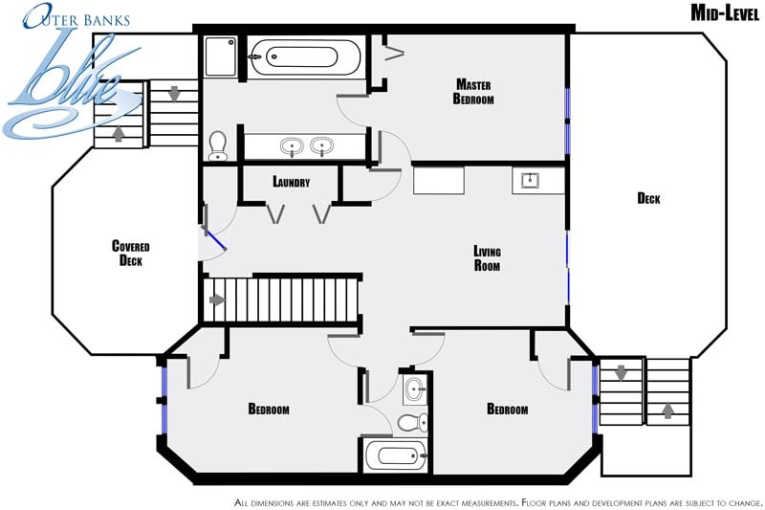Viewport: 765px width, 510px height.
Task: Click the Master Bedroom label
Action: point(473,92)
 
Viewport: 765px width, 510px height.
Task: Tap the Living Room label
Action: point(487,258)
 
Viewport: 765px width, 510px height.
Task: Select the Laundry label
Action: point(292,182)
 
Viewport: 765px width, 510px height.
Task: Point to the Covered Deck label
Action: point(131,253)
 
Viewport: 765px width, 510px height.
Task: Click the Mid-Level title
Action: point(725,13)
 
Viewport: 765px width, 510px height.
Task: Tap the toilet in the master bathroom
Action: point(218,145)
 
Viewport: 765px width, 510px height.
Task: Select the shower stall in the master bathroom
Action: point(221,56)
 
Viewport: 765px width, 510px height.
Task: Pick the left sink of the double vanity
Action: point(292,146)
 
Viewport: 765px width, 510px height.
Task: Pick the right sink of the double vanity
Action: point(322,146)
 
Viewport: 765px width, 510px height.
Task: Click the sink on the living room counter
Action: point(530,180)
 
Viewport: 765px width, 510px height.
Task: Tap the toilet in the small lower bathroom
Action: point(413,423)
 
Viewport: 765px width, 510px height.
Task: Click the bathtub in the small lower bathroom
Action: point(396,455)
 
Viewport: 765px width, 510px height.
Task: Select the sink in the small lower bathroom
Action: point(415,390)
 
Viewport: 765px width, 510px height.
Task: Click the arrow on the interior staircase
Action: point(217,299)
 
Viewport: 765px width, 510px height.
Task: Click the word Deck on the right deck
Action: point(648,198)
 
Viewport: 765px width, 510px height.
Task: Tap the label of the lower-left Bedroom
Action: point(269,409)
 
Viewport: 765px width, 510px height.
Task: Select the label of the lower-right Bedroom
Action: point(508,409)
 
